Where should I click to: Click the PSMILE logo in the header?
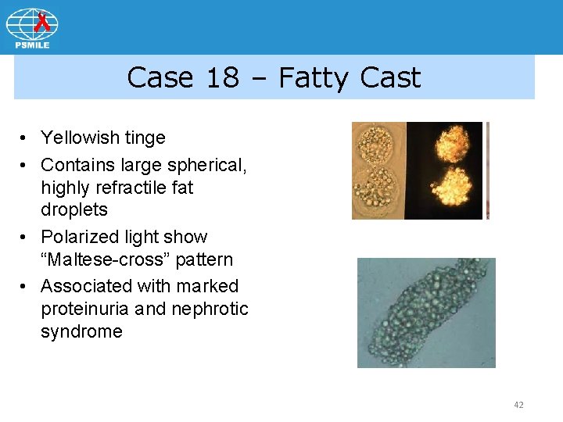click(32, 27)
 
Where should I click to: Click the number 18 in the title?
click(224, 77)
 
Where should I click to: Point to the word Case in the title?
click(160, 77)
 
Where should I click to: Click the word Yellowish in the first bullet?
click(81, 138)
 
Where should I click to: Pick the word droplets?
click(74, 210)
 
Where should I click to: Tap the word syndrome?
click(81, 331)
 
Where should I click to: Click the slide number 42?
click(518, 405)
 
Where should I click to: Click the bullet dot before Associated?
click(26, 287)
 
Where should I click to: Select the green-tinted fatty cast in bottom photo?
click(425, 313)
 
